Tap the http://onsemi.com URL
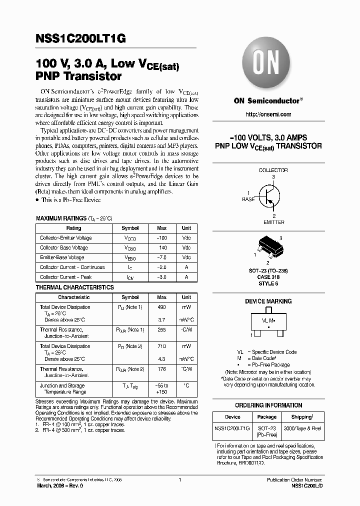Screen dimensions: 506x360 pyautogui.click(x=268, y=114)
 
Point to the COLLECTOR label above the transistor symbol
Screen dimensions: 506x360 pyautogui.click(x=273, y=170)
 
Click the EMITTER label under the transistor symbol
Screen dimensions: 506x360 pyautogui.click(x=273, y=222)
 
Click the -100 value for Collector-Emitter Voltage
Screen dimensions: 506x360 pyautogui.click(x=161, y=238)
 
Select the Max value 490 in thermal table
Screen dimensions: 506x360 pyautogui.click(x=161, y=307)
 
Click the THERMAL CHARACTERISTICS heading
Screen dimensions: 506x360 pyautogui.click(x=74, y=287)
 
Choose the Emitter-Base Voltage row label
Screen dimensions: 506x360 pyautogui.click(x=62, y=257)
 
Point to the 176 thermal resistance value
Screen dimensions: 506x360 pyautogui.click(x=161, y=369)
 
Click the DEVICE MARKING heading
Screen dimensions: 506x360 pyautogui.click(x=268, y=301)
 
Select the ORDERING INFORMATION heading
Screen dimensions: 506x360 pyautogui.click(x=268, y=405)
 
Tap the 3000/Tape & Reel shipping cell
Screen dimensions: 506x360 pyautogui.click(x=303, y=428)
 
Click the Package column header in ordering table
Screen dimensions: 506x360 pyautogui.click(x=266, y=417)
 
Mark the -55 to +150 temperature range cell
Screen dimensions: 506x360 pyautogui.click(x=161, y=389)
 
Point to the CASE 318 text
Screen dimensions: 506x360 pyautogui.click(x=268, y=277)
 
